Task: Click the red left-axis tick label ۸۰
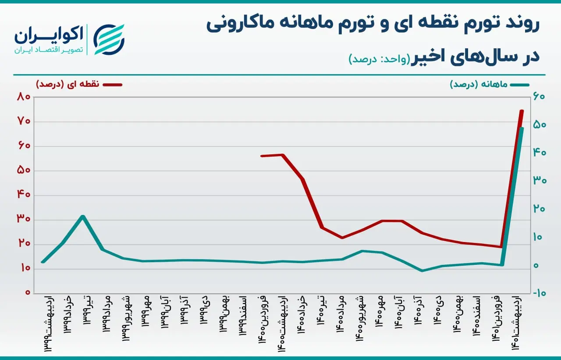(x=24, y=97)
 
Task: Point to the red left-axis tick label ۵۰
(x=24, y=171)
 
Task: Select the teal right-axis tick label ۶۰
(x=539, y=97)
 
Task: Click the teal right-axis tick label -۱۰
(x=539, y=293)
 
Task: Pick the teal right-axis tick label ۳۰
(x=540, y=181)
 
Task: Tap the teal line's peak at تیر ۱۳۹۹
(x=83, y=216)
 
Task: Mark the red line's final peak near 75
(x=522, y=111)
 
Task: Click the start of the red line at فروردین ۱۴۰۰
(x=262, y=156)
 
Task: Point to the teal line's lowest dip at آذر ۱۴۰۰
(x=422, y=271)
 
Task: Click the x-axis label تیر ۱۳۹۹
(x=87, y=311)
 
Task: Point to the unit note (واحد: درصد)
(x=380, y=59)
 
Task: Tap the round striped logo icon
(x=109, y=39)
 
